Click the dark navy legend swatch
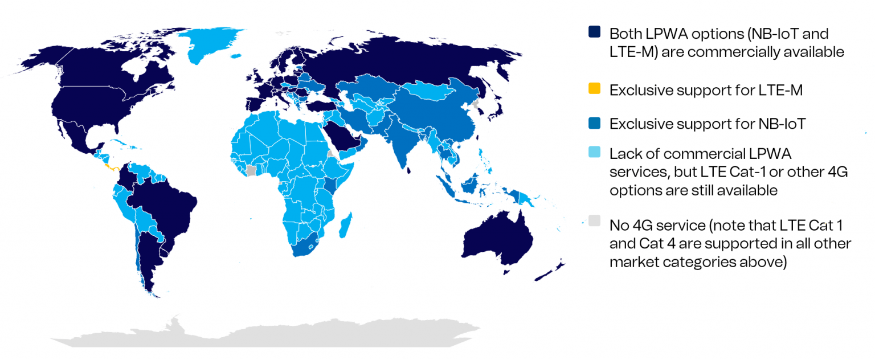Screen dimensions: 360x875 click(595, 32)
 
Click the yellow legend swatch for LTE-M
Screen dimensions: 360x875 click(595, 89)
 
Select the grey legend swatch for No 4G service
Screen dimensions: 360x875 click(595, 222)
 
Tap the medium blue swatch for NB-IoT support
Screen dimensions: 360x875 click(595, 123)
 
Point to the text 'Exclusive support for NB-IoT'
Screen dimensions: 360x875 click(707, 124)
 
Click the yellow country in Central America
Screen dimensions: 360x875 click(112, 167)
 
